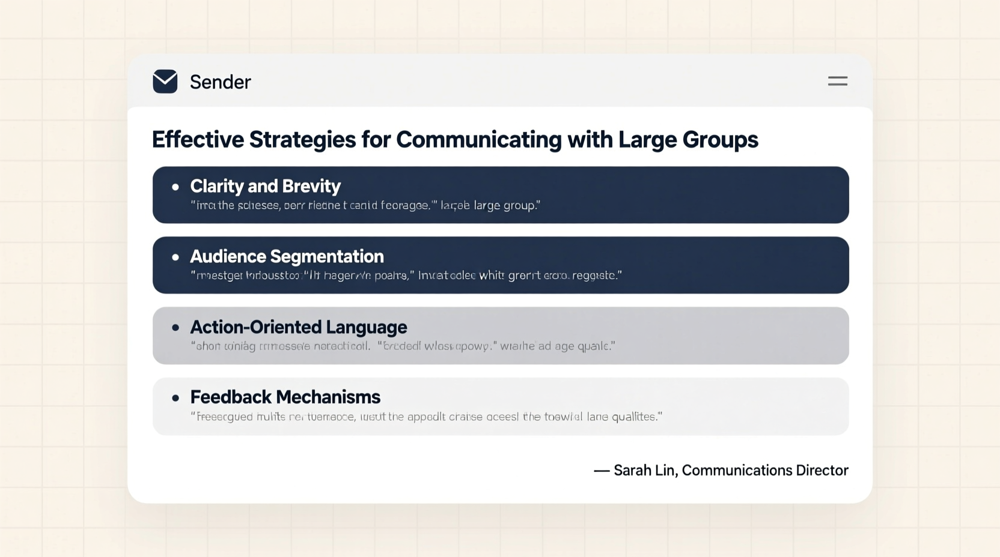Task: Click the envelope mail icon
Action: pyautogui.click(x=165, y=82)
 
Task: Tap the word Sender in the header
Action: pyautogui.click(x=220, y=82)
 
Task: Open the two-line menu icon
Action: pyautogui.click(x=837, y=81)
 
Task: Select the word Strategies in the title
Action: pyautogui.click(x=302, y=139)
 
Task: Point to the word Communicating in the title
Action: pyautogui.click(x=478, y=139)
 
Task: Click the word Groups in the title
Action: pyautogui.click(x=720, y=139)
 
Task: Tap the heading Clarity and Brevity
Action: pyautogui.click(x=265, y=186)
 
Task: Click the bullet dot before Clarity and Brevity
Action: pyautogui.click(x=175, y=187)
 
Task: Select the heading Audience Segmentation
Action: pyautogui.click(x=287, y=256)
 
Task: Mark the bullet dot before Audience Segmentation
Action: pyautogui.click(x=175, y=257)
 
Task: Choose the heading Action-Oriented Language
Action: pyautogui.click(x=298, y=327)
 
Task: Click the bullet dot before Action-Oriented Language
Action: pyautogui.click(x=175, y=327)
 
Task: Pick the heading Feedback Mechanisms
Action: pyautogui.click(x=285, y=397)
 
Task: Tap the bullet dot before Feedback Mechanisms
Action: pyautogui.click(x=175, y=397)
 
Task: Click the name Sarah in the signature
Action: pyautogui.click(x=632, y=470)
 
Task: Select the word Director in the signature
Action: pyautogui.click(x=822, y=470)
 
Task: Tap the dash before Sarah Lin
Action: pyautogui.click(x=601, y=471)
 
